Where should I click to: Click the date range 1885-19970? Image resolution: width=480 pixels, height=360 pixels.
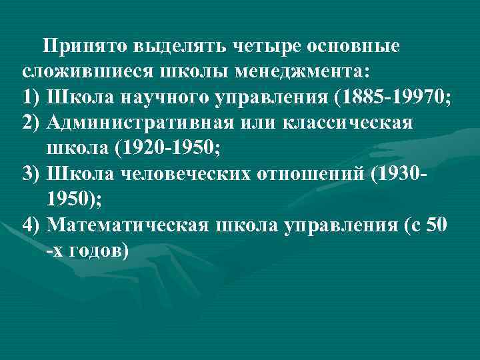click(x=394, y=97)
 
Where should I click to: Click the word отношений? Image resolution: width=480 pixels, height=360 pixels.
click(x=303, y=173)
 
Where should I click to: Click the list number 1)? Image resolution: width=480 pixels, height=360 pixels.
click(x=33, y=97)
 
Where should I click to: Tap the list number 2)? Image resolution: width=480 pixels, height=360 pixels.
click(x=33, y=123)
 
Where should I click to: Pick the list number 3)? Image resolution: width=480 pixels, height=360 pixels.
click(x=33, y=173)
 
